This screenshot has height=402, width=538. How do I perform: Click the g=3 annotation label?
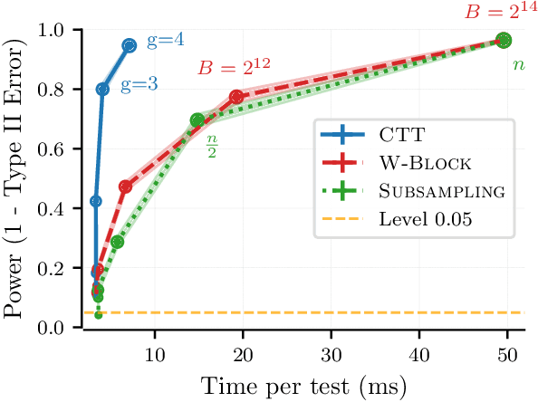pos(139,84)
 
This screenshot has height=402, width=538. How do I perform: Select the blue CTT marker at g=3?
pos(103,89)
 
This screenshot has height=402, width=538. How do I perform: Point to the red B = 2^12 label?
pos(234,66)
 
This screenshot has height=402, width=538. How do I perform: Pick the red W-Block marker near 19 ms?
pos(236,96)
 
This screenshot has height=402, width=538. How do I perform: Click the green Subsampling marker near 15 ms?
pos(197,120)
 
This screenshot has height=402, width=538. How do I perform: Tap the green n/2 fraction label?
pos(212,144)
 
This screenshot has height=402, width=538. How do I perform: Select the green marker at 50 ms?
pos(504,40)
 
